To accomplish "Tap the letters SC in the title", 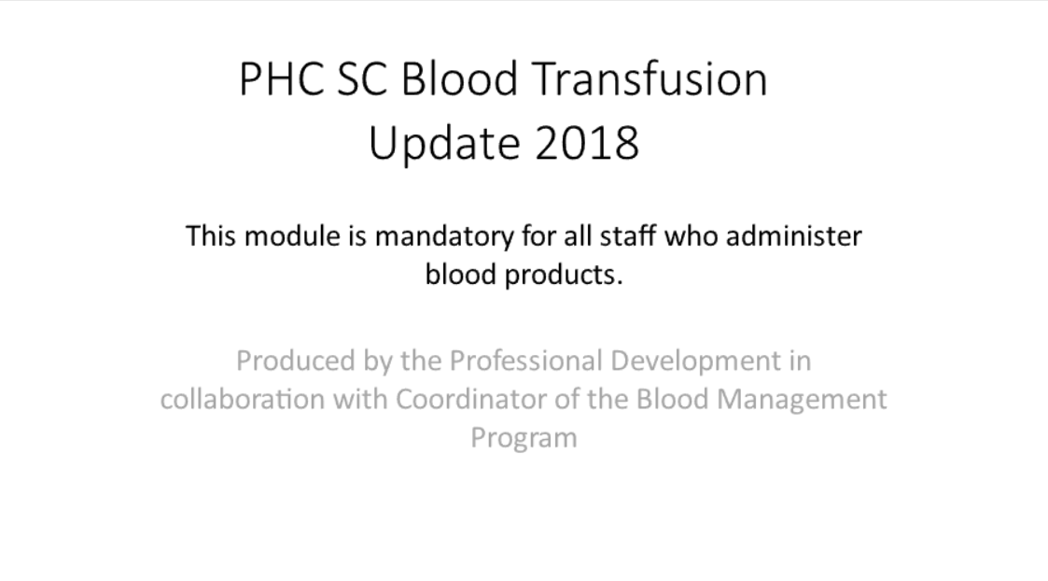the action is coord(361,79).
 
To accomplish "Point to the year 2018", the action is coord(587,143).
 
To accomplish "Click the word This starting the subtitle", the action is coord(211,236).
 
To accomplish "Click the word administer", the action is coord(794,236).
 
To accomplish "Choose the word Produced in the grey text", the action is coord(296,361).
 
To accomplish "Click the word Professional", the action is coord(525,361).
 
